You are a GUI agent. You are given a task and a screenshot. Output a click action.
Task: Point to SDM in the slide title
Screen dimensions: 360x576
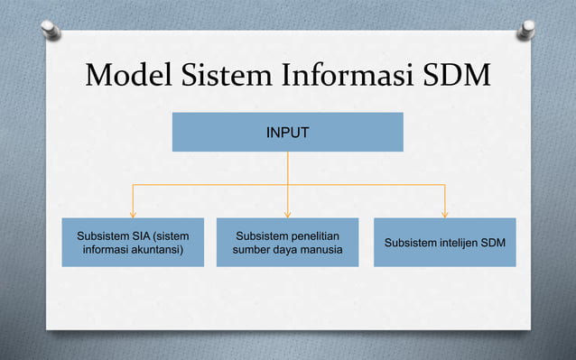pos(455,78)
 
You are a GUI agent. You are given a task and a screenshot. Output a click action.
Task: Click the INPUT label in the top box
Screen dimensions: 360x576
pos(287,133)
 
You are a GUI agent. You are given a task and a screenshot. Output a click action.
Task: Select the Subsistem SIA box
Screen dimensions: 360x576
pos(133,242)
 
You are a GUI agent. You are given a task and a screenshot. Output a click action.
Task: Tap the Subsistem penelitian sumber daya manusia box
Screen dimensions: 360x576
pos(287,242)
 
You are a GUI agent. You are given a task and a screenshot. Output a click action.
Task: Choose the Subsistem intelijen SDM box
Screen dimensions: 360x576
pos(445,242)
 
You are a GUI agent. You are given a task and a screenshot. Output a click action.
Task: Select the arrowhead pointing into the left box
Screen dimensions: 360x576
pos(134,214)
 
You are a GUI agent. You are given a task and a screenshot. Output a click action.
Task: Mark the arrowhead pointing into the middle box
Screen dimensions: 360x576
pos(287,214)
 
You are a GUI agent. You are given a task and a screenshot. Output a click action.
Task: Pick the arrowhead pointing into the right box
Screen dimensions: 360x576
pos(445,214)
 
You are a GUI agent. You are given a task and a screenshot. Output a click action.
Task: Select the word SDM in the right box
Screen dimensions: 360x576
pos(491,244)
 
